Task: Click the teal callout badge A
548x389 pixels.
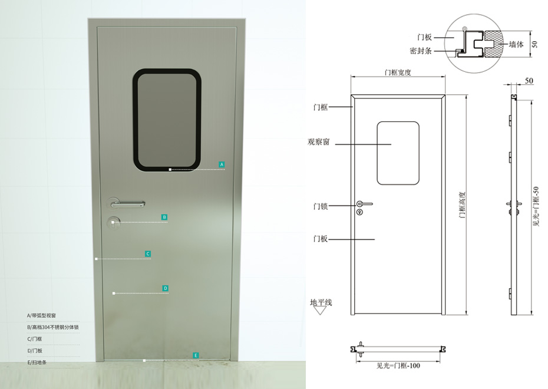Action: (222, 164)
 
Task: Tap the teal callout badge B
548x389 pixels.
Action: (164, 217)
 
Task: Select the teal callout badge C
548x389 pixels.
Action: (148, 254)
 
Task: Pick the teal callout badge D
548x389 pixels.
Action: (166, 288)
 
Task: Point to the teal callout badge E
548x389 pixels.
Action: (196, 355)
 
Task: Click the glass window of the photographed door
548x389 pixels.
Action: (167, 120)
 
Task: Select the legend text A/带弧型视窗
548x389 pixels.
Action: (42, 316)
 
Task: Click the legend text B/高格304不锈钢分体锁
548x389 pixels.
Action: (53, 327)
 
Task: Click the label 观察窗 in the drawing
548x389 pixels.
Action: (318, 142)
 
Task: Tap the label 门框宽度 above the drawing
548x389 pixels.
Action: (397, 73)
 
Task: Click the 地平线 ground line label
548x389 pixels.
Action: (321, 302)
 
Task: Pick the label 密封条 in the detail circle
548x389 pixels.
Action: (421, 51)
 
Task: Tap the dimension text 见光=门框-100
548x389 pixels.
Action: (398, 365)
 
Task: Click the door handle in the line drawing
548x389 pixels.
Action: (364, 204)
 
